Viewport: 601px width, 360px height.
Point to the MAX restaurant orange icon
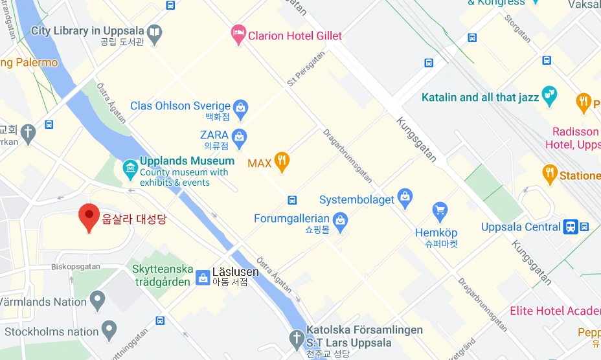pyautogui.click(x=282, y=162)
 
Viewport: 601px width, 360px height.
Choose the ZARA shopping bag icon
pyautogui.click(x=240, y=136)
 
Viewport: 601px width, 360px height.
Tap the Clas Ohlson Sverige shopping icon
pyautogui.click(x=240, y=107)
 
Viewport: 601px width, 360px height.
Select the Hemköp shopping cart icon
pyautogui.click(x=440, y=211)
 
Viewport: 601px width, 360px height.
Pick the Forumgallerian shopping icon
pyautogui.click(x=340, y=219)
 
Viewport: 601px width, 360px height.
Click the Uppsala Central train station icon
pyautogui.click(x=571, y=227)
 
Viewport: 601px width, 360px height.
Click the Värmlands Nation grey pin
pyautogui.click(x=97, y=300)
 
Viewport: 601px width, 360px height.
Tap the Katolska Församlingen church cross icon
pyautogui.click(x=296, y=337)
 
